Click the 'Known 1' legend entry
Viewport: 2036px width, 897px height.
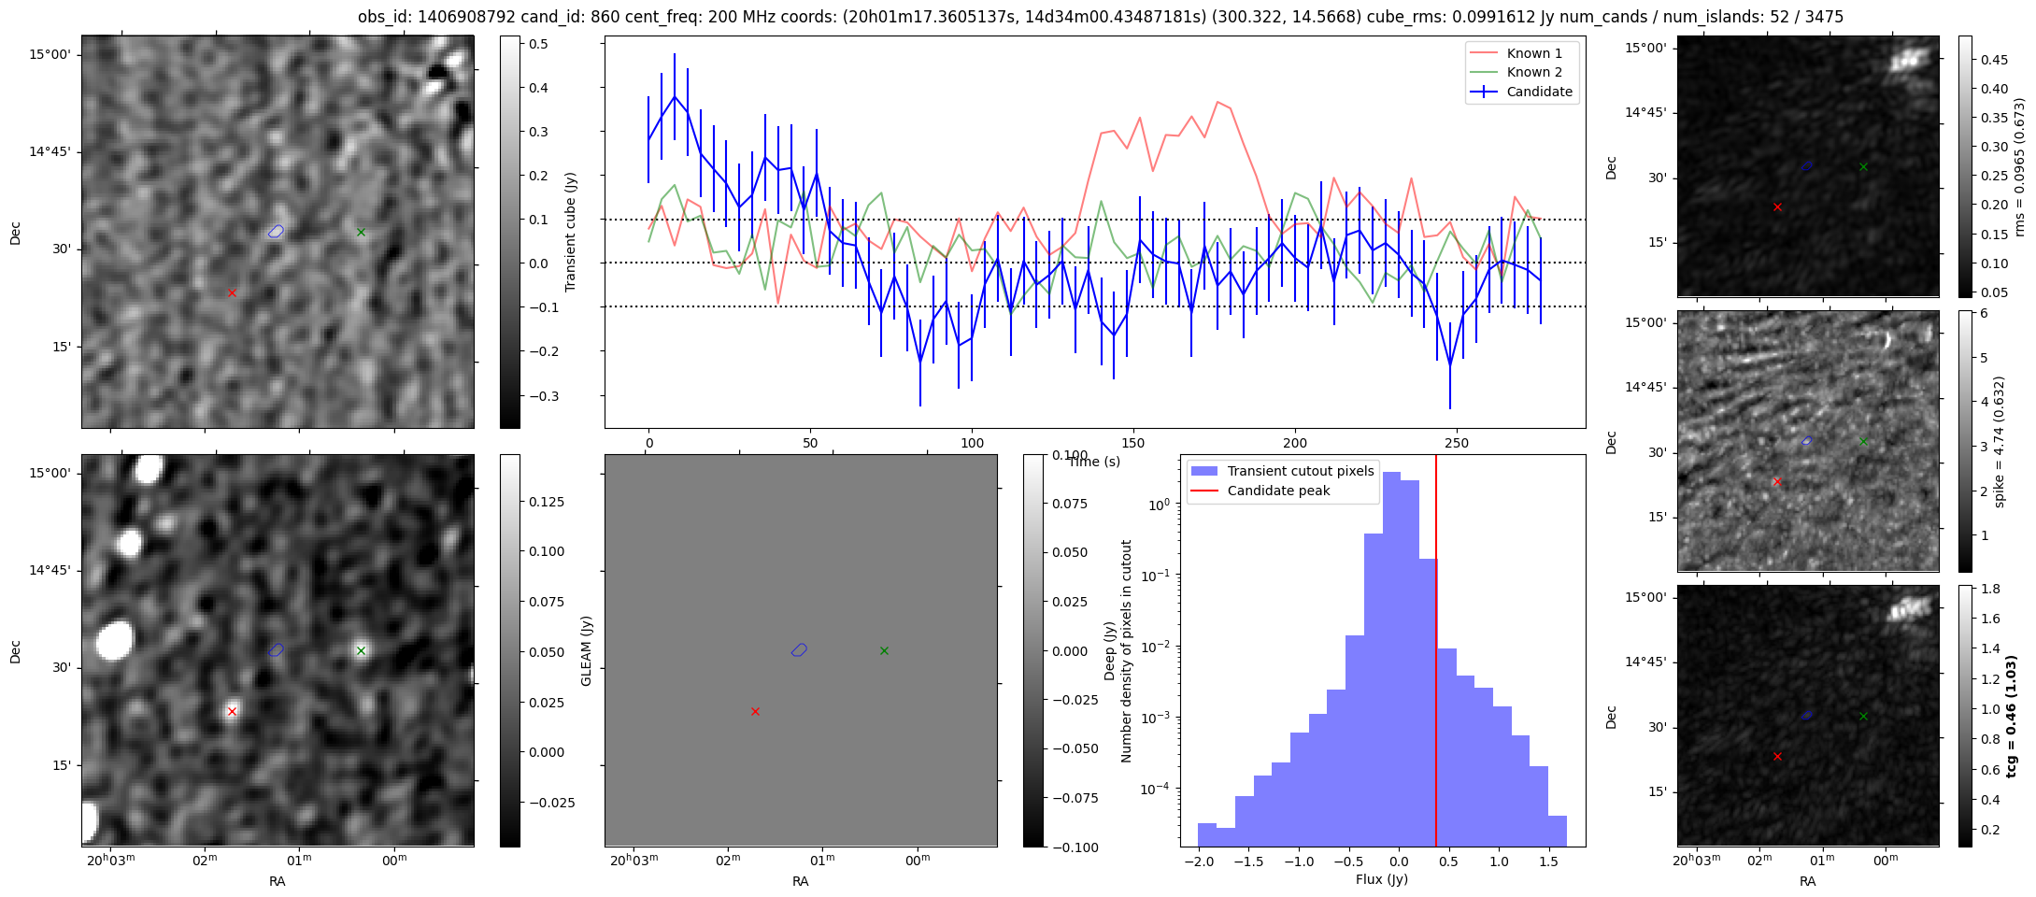click(x=1534, y=53)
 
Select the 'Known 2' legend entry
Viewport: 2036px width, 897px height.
click(x=1534, y=72)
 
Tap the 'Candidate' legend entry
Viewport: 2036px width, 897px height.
click(x=1539, y=92)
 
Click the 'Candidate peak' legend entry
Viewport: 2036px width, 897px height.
click(x=1278, y=491)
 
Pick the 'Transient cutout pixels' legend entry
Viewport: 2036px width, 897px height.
click(x=1300, y=471)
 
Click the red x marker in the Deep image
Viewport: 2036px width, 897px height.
click(x=232, y=711)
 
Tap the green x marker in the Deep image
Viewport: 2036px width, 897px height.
click(x=361, y=650)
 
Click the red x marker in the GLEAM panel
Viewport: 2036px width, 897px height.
click(x=755, y=711)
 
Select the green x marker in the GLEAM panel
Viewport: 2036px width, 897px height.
click(x=884, y=650)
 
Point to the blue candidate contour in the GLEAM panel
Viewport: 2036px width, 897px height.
click(x=799, y=649)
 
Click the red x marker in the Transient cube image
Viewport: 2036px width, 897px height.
click(x=232, y=292)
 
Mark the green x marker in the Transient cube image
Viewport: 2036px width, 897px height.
click(x=361, y=232)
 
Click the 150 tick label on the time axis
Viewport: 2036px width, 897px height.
click(x=1132, y=443)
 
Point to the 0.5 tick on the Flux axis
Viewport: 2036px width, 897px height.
click(x=1448, y=861)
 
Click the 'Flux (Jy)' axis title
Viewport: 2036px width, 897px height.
click(x=1381, y=879)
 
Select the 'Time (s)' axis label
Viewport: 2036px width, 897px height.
click(x=1094, y=462)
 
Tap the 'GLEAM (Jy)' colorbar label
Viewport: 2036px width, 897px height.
click(x=587, y=650)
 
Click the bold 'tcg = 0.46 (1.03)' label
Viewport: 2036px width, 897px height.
click(x=2011, y=716)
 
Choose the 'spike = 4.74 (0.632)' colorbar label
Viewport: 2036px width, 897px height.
click(x=2000, y=441)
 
